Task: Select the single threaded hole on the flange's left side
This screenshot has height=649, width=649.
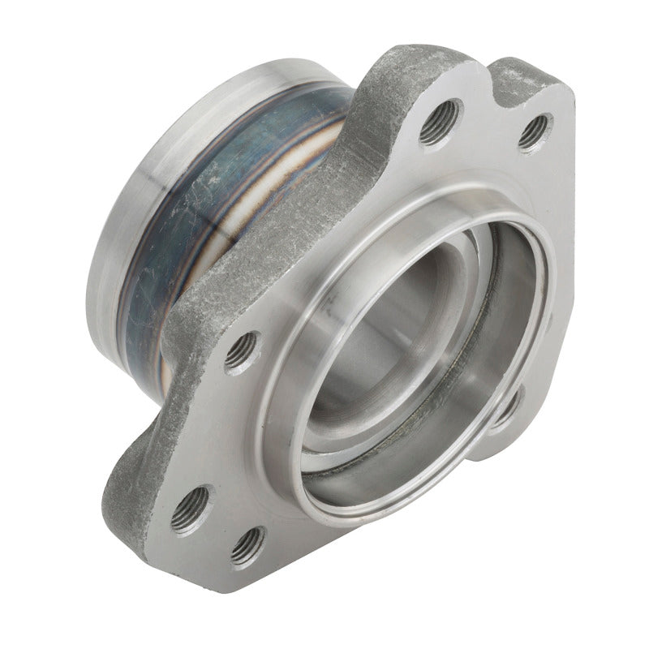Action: [243, 352]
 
